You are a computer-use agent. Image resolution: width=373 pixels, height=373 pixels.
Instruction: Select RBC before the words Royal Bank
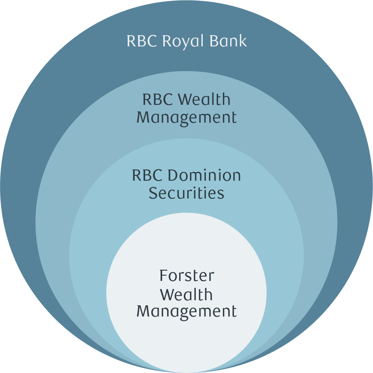click(142, 41)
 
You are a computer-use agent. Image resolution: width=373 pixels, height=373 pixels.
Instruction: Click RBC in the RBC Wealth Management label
click(157, 100)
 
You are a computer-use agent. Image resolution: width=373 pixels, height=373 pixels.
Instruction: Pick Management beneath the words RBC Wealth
click(186, 118)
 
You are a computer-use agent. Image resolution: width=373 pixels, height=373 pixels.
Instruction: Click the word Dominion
click(204, 176)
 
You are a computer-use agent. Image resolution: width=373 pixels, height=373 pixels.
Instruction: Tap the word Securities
click(186, 193)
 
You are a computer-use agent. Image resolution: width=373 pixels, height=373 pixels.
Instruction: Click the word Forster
click(186, 276)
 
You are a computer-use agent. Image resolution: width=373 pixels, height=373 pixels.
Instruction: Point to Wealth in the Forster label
click(186, 294)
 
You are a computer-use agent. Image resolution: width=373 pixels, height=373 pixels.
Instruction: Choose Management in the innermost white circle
click(186, 311)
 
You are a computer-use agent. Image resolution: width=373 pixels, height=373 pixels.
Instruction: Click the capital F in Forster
click(163, 276)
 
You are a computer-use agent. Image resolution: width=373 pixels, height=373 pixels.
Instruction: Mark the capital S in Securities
click(153, 193)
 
